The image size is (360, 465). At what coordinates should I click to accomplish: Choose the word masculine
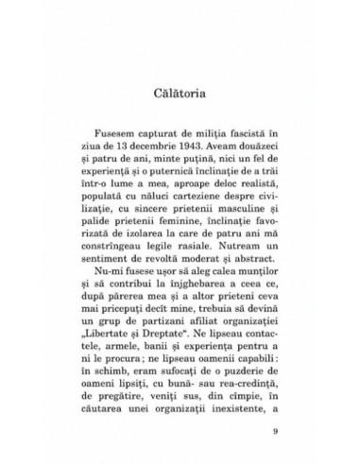[x=227, y=209]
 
